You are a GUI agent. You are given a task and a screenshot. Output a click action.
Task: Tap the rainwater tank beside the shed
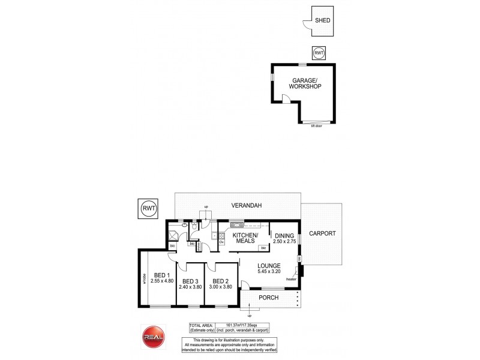(x=319, y=53)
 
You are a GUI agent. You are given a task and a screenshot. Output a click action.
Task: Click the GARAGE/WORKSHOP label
(x=305, y=83)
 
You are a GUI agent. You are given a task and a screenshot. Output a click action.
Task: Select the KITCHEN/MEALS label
(x=245, y=238)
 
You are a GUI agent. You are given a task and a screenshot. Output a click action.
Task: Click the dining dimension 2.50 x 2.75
(x=285, y=242)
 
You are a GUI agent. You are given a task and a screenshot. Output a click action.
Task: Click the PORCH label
(x=268, y=298)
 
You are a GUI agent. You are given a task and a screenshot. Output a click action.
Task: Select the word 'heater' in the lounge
(x=292, y=278)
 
